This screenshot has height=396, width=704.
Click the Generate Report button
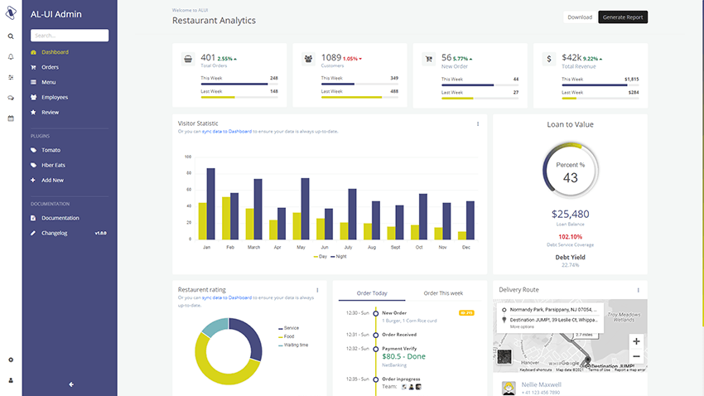coord(623,17)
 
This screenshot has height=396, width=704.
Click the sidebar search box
coord(70,36)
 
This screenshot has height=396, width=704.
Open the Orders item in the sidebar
coord(50,67)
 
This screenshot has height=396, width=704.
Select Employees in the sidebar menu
coord(55,97)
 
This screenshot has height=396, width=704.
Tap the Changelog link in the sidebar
coord(55,233)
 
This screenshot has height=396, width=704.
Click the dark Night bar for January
coord(210,204)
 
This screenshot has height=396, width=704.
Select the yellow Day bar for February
coord(226,218)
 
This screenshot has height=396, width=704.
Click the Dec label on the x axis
coord(466,247)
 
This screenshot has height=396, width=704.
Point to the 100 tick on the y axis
coord(188,157)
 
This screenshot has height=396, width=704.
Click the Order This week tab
coord(443,293)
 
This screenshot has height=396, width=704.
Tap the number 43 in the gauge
coord(571,177)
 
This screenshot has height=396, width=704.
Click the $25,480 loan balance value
coord(570,214)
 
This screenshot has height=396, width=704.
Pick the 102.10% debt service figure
coord(570,236)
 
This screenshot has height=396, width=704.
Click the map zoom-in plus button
coord(636,341)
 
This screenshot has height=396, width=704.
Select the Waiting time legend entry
coord(296,345)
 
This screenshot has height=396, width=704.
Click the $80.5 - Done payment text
coord(403,356)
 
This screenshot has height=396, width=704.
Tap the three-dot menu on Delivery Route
coord(639,290)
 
